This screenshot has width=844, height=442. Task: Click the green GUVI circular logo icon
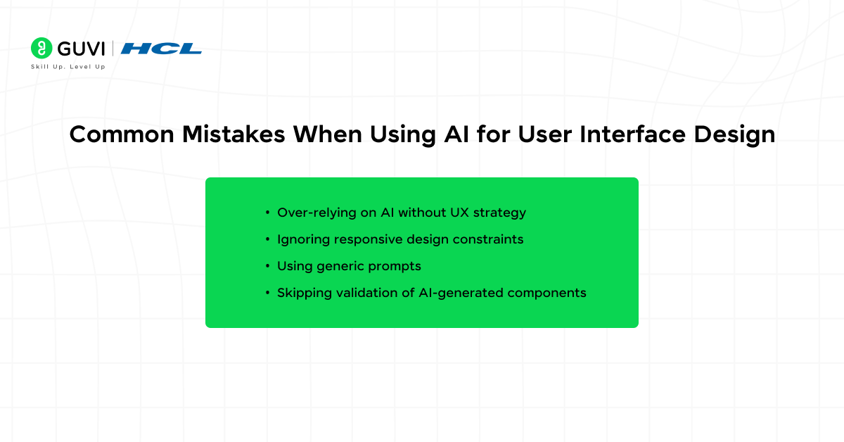pos(41,48)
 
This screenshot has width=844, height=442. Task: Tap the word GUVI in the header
pos(81,49)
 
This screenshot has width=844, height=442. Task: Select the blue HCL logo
pos(161,49)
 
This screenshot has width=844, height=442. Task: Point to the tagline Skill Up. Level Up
pos(68,67)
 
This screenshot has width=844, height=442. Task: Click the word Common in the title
pos(122,134)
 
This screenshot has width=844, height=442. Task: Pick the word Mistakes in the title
pos(234,134)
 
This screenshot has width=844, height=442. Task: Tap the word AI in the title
pos(456,134)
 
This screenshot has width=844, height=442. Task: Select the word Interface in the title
pos(632,134)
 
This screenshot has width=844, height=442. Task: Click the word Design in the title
pos(734,135)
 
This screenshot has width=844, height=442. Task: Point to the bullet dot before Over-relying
pos(267,213)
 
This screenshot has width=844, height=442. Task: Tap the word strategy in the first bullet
pos(499,213)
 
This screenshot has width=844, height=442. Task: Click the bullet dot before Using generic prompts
pos(267,266)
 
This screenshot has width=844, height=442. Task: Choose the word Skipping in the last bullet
pos(305,293)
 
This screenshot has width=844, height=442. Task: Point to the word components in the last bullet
pos(546,293)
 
